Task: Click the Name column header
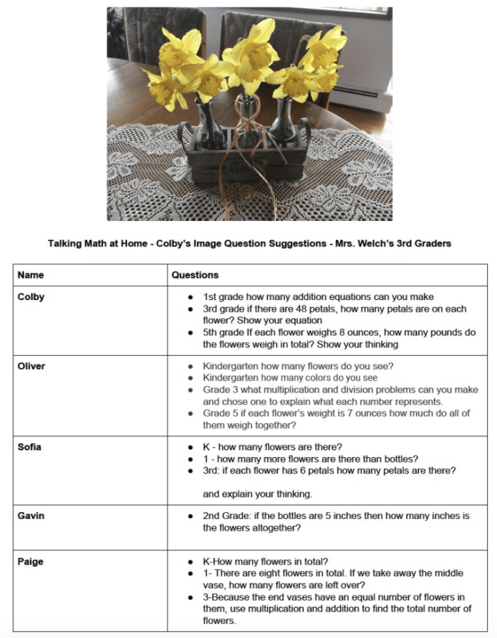coord(31,274)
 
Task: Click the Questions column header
coord(195,274)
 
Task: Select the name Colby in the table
coord(31,297)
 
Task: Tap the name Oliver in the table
coord(31,365)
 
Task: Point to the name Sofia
coord(29,446)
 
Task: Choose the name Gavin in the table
coord(31,516)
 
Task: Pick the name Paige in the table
coord(31,561)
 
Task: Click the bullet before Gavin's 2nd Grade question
coord(191,516)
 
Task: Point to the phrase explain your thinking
coord(257,494)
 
